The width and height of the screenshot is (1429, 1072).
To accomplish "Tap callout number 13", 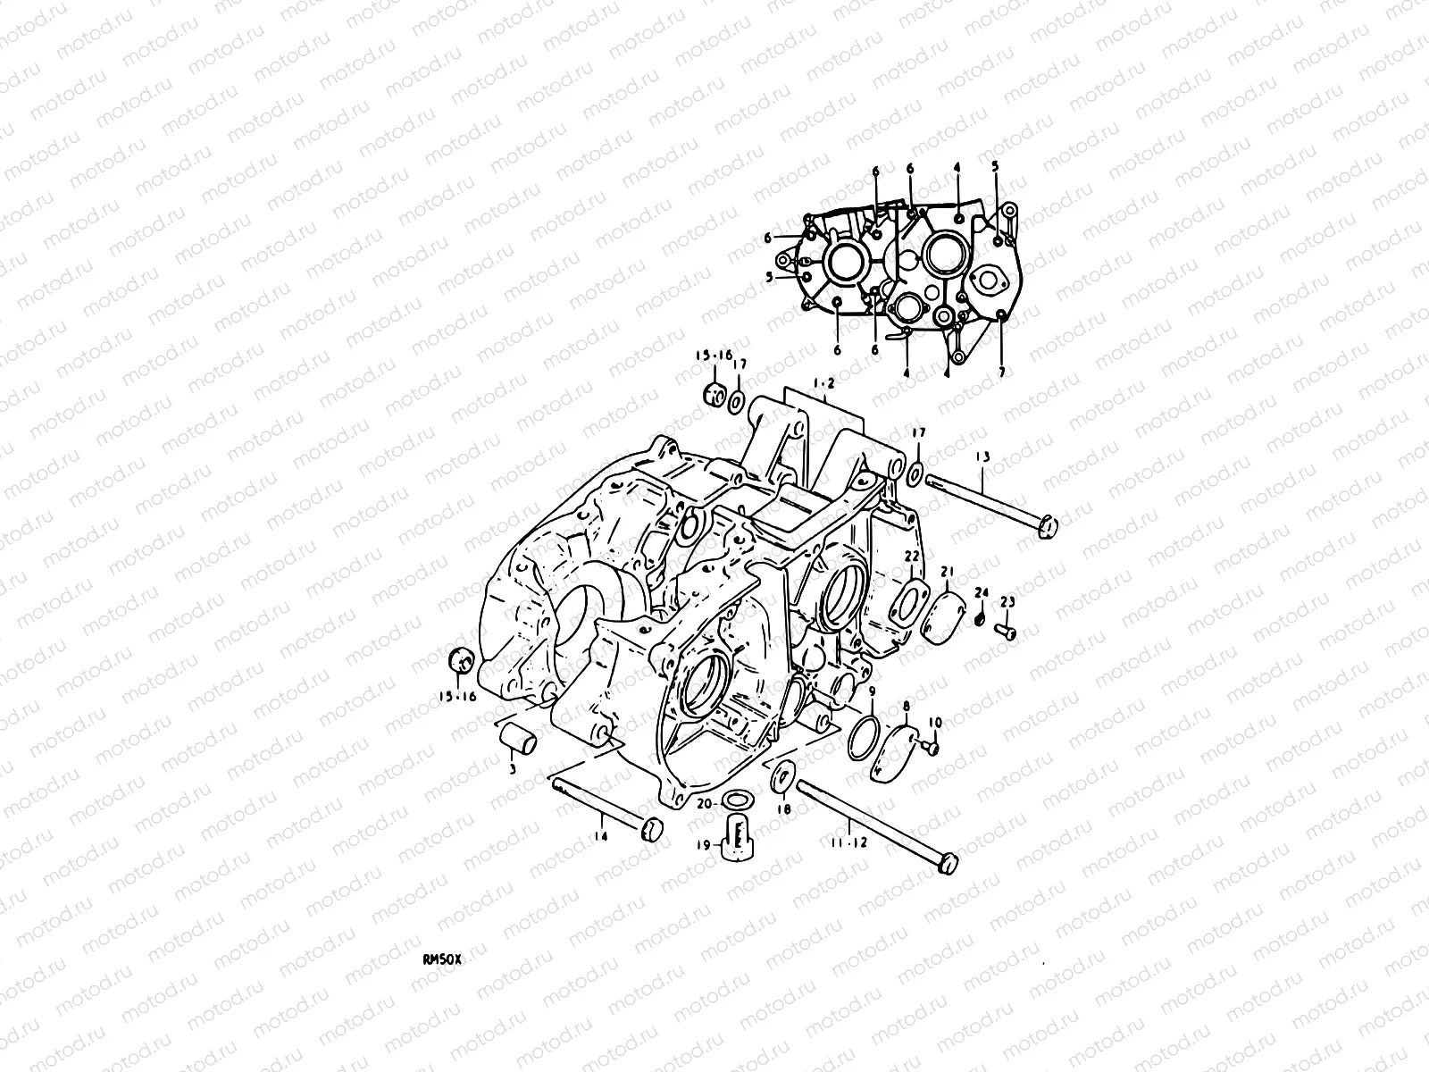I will click(x=982, y=457).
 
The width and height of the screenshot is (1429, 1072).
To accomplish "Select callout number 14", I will click(x=601, y=836).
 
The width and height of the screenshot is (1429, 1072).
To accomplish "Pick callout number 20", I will click(x=704, y=803).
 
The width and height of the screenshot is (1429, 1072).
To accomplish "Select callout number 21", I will click(x=948, y=572).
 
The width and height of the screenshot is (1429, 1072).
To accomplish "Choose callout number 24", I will click(x=982, y=592).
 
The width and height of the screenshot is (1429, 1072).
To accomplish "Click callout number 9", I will click(x=871, y=691).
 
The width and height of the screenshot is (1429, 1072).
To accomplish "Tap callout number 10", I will click(x=935, y=722).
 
